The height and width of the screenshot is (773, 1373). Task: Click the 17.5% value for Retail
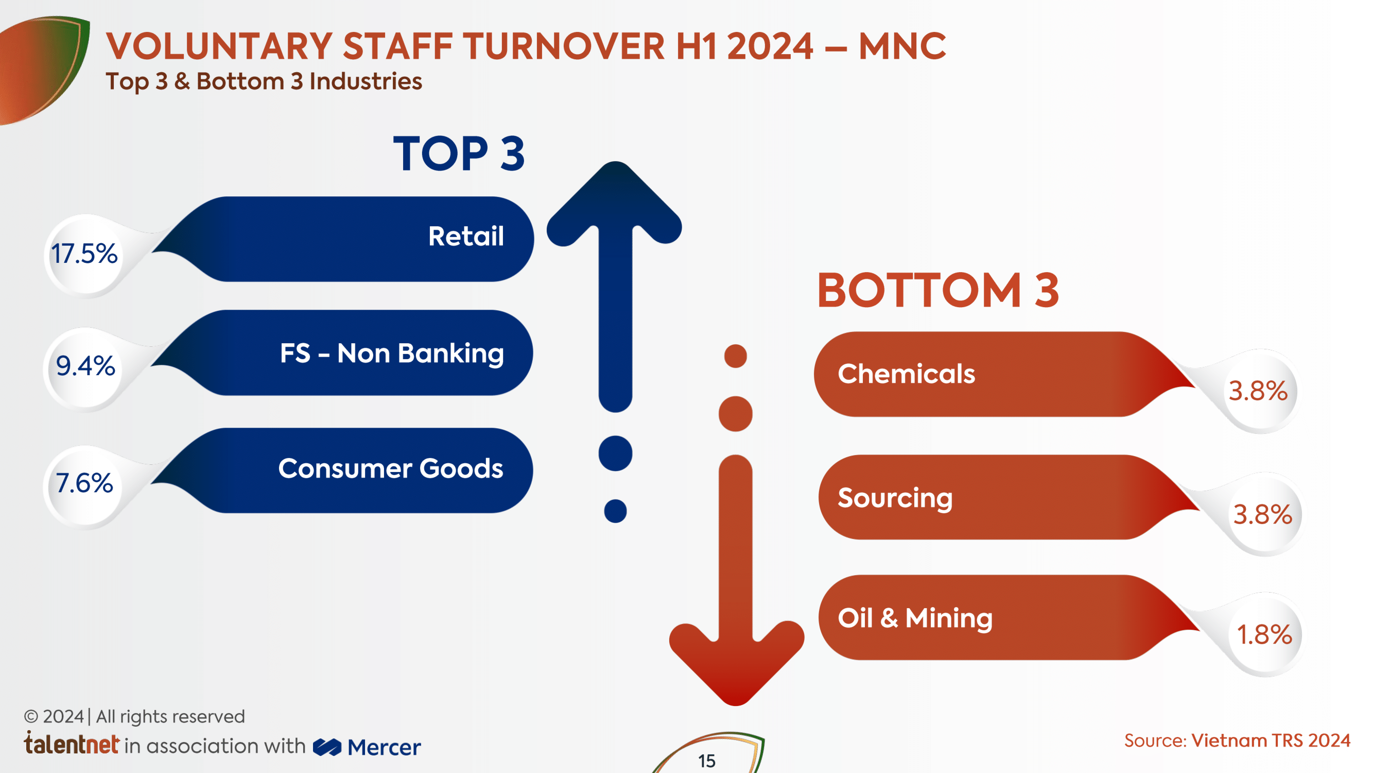pos(84,254)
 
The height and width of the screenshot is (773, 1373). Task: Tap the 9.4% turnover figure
pos(85,366)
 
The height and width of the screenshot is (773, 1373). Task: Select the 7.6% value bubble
pos(84,483)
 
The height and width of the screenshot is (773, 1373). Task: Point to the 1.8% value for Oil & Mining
pos(1264,635)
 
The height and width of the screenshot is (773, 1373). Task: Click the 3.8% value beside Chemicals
pos(1258,391)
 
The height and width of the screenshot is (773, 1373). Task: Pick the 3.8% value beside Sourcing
pos(1263,515)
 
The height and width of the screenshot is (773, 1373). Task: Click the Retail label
pos(466,237)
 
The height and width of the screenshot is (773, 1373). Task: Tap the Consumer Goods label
pos(391,468)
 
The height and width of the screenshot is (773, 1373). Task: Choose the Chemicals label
pos(906,374)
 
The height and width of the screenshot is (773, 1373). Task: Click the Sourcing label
pos(895,499)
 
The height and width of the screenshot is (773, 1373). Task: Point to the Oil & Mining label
pos(915,619)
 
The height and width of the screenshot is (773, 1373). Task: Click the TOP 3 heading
pos(459,154)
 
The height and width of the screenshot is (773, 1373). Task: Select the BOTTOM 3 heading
pos(938,290)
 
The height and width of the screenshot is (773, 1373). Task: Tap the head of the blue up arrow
pos(615,203)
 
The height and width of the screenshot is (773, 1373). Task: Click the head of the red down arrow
pos(736,664)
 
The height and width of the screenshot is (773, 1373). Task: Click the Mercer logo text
pos(384,747)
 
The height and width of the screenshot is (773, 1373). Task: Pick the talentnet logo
pos(72,743)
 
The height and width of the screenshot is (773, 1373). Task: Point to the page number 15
pos(707,761)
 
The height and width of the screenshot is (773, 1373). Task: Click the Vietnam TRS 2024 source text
pos(1271,741)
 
